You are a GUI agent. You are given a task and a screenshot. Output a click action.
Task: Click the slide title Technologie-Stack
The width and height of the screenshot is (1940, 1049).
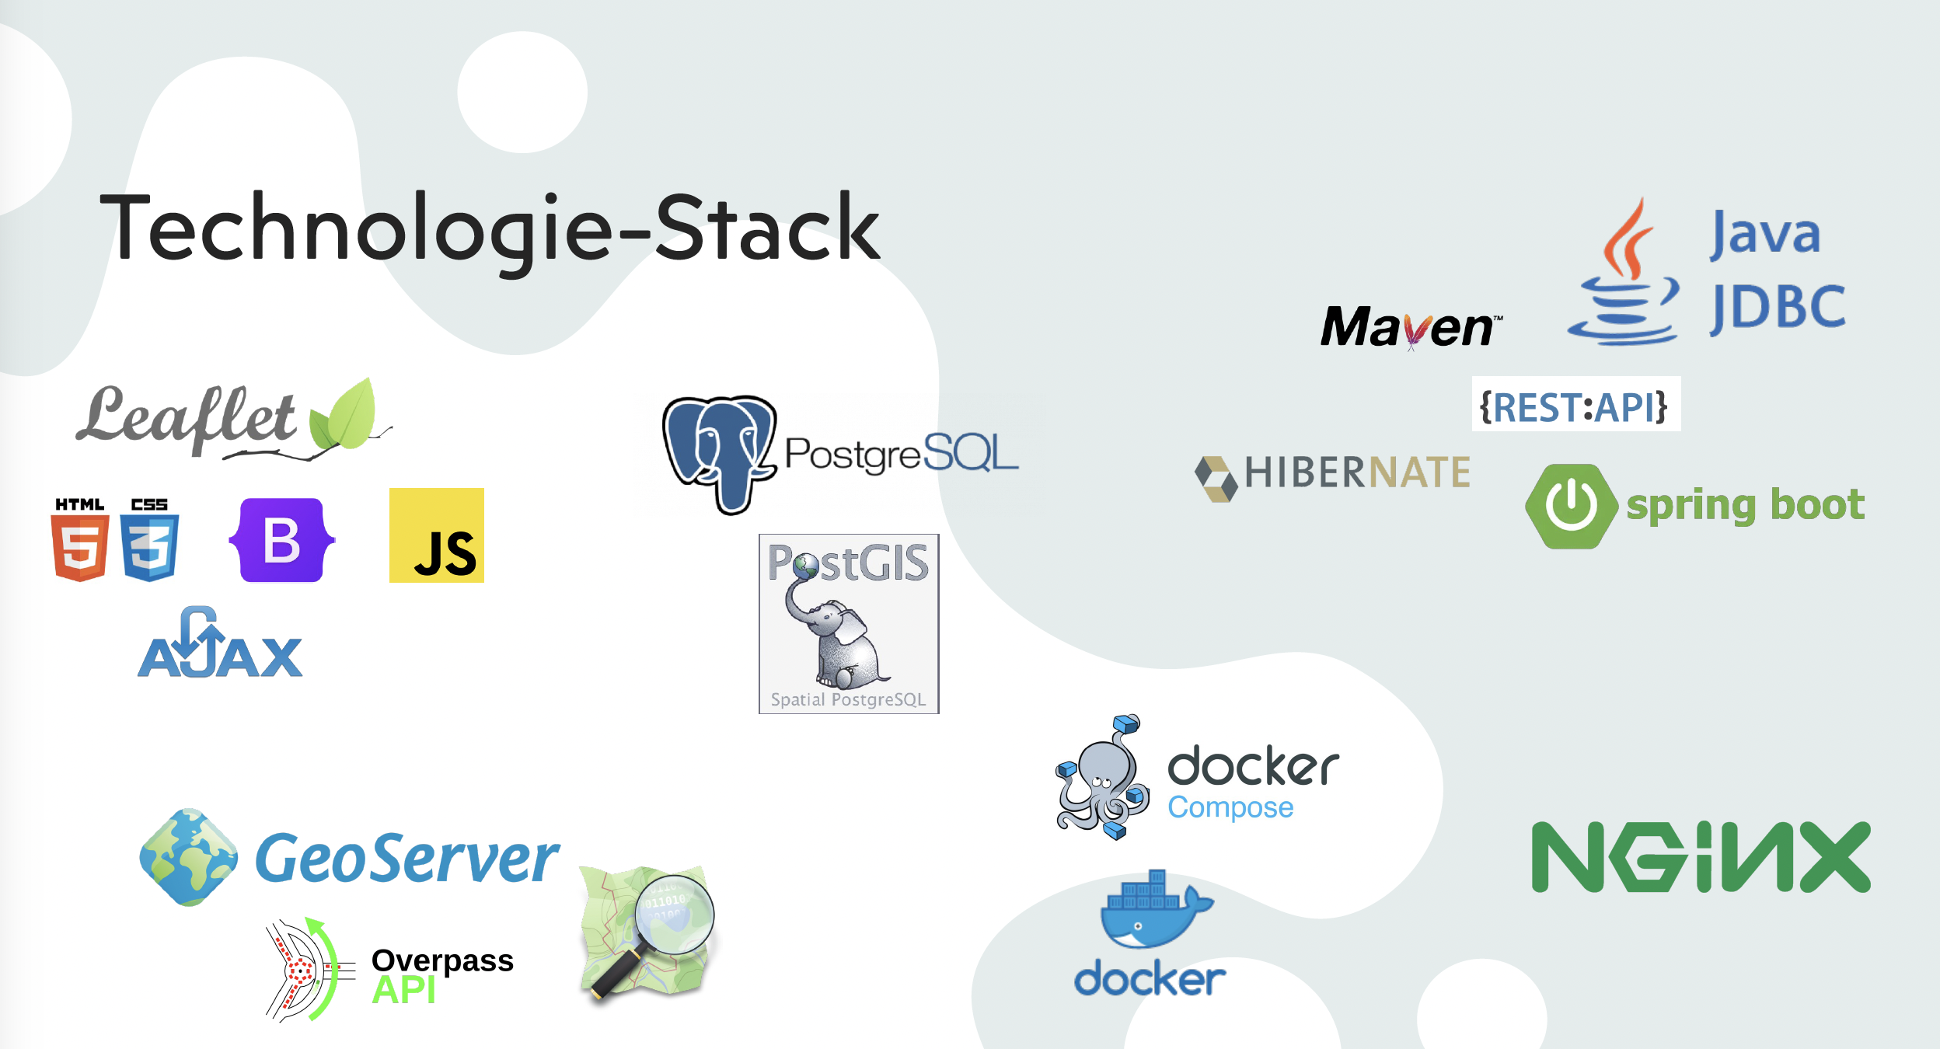(x=490, y=228)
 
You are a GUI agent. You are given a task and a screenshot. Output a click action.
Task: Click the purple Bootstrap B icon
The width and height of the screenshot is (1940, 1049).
(x=282, y=540)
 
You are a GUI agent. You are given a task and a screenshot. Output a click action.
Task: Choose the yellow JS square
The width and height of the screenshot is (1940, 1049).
(x=436, y=535)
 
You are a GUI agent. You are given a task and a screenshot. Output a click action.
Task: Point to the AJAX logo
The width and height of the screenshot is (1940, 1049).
(x=220, y=645)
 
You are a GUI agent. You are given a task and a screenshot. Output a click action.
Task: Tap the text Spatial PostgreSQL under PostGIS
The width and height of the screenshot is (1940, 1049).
(x=848, y=699)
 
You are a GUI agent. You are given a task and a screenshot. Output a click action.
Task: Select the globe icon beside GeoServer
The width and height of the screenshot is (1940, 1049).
(x=188, y=857)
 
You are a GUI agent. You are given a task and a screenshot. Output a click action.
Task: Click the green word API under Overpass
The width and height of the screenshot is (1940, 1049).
(x=403, y=991)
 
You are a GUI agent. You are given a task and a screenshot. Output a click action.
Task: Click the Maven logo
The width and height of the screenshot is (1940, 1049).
(x=1410, y=326)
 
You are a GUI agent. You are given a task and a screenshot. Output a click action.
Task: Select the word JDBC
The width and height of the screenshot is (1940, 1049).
(x=1778, y=308)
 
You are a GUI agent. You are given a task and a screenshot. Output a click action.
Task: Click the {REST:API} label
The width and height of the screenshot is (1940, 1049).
(x=1575, y=406)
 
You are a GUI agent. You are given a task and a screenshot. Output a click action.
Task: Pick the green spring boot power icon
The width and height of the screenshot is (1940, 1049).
(x=1572, y=506)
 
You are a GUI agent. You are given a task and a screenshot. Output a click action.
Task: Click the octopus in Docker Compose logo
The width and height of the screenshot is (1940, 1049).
(x=1101, y=777)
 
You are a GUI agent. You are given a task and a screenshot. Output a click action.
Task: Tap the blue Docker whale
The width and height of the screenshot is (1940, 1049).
(x=1154, y=913)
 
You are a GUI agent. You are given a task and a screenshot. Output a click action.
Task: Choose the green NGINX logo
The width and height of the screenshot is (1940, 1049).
(x=1701, y=857)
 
